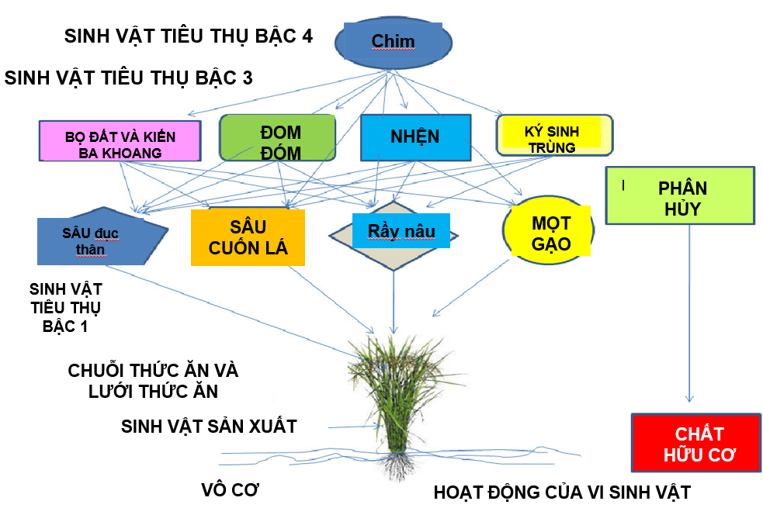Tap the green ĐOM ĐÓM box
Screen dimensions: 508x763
click(x=279, y=142)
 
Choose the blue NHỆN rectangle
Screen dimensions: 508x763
click(x=415, y=138)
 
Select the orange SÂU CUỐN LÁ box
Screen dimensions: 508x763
click(x=248, y=237)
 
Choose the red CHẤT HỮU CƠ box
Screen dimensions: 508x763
click(x=695, y=443)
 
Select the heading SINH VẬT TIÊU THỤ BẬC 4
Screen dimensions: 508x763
click(x=189, y=36)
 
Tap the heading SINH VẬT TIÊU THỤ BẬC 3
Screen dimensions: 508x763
click(x=129, y=78)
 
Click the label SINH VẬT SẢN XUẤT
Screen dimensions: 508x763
click(x=209, y=426)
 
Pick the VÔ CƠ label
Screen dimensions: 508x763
click(x=230, y=490)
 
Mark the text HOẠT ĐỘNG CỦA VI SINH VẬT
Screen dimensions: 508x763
click(x=561, y=492)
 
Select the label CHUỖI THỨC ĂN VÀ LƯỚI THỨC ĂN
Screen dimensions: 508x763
click(x=153, y=380)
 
